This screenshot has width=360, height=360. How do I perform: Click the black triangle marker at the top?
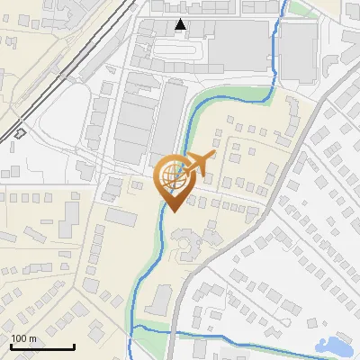(x=182, y=24)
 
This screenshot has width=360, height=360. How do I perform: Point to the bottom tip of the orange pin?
(x=173, y=211)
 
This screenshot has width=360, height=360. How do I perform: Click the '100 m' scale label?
(x=24, y=338)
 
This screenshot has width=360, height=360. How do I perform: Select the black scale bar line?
(x=41, y=347)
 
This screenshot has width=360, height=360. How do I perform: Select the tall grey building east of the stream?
(x=298, y=52)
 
